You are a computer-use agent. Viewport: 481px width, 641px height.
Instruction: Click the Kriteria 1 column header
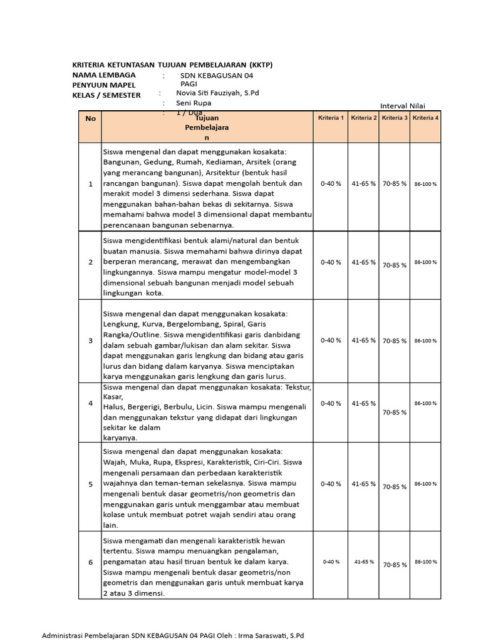[x=331, y=118]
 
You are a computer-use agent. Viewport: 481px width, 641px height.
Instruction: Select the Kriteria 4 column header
[x=426, y=118]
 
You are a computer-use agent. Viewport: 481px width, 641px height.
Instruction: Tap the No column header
[x=91, y=118]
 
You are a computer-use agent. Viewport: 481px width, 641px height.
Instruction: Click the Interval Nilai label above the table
[x=407, y=106]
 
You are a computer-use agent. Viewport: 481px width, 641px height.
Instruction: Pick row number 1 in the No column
[x=91, y=184]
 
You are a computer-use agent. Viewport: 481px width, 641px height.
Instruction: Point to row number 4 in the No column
[x=91, y=403]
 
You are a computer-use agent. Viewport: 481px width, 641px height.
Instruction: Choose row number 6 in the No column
[x=91, y=562]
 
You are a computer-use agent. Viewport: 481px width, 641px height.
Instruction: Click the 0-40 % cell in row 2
[x=331, y=262]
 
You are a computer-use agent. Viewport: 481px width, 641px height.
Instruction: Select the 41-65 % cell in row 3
[x=363, y=341]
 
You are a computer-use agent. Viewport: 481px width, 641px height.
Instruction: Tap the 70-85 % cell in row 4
[x=395, y=413]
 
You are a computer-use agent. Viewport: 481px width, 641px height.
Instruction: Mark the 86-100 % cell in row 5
[x=426, y=484]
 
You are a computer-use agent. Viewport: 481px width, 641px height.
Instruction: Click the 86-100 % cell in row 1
[x=426, y=185]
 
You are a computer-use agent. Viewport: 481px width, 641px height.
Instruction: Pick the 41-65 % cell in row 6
[x=363, y=562]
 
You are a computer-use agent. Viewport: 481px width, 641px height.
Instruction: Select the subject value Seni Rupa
[x=194, y=103]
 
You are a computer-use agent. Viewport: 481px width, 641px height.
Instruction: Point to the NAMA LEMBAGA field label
[x=104, y=75]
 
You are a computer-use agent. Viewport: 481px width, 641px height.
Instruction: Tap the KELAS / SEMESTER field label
[x=106, y=95]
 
